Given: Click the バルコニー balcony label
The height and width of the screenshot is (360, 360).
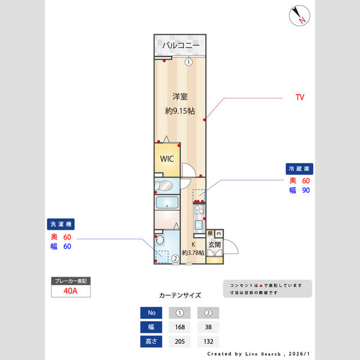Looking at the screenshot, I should [x=181, y=46].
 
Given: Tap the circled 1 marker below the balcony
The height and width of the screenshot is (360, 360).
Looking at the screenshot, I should [x=188, y=62].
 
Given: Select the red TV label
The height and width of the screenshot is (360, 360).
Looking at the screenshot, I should [x=299, y=97].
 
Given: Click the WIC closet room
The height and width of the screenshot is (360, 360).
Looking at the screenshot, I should [x=166, y=159].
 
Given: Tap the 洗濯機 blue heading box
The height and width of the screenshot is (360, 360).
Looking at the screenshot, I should [x=61, y=224].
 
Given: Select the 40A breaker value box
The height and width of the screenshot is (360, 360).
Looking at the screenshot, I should [x=70, y=292].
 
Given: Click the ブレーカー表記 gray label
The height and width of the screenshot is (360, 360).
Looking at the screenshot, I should [x=70, y=281].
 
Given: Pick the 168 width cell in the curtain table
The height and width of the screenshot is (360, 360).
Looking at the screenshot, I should [x=179, y=327].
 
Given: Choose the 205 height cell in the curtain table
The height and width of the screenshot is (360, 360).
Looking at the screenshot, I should [x=179, y=341].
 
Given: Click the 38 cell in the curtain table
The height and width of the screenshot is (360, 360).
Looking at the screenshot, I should [x=208, y=327].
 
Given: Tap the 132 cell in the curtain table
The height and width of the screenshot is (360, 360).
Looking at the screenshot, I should [x=208, y=341].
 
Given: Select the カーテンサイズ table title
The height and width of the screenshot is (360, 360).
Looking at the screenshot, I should [x=180, y=296].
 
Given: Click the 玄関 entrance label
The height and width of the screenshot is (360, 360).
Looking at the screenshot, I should [x=214, y=245].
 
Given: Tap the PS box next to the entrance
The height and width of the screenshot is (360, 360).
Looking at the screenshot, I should [x=219, y=233].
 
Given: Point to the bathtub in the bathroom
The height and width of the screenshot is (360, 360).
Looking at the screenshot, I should [x=167, y=203].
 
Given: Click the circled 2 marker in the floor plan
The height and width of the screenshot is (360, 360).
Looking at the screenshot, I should [x=175, y=259].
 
